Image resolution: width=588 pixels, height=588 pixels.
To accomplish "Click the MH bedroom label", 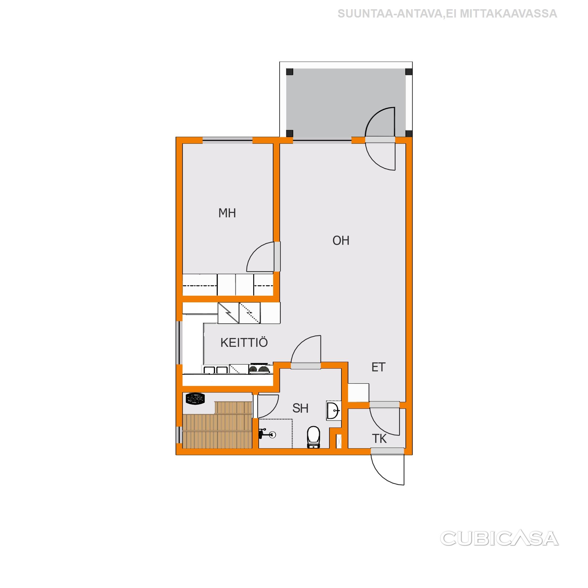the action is [227, 213].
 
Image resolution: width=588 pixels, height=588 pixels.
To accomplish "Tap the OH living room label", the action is [341, 241].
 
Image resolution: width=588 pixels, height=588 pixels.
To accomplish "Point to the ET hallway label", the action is [379, 367].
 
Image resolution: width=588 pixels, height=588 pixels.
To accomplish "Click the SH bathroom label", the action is [300, 409].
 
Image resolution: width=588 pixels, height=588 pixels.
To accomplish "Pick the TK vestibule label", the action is [379, 439].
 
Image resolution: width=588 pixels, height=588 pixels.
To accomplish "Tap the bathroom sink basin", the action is [334, 411].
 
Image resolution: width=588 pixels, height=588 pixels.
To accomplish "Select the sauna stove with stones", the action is [195, 399].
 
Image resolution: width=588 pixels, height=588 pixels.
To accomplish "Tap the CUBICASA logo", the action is [499, 538].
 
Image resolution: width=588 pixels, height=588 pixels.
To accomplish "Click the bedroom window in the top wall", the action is [227, 140].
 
